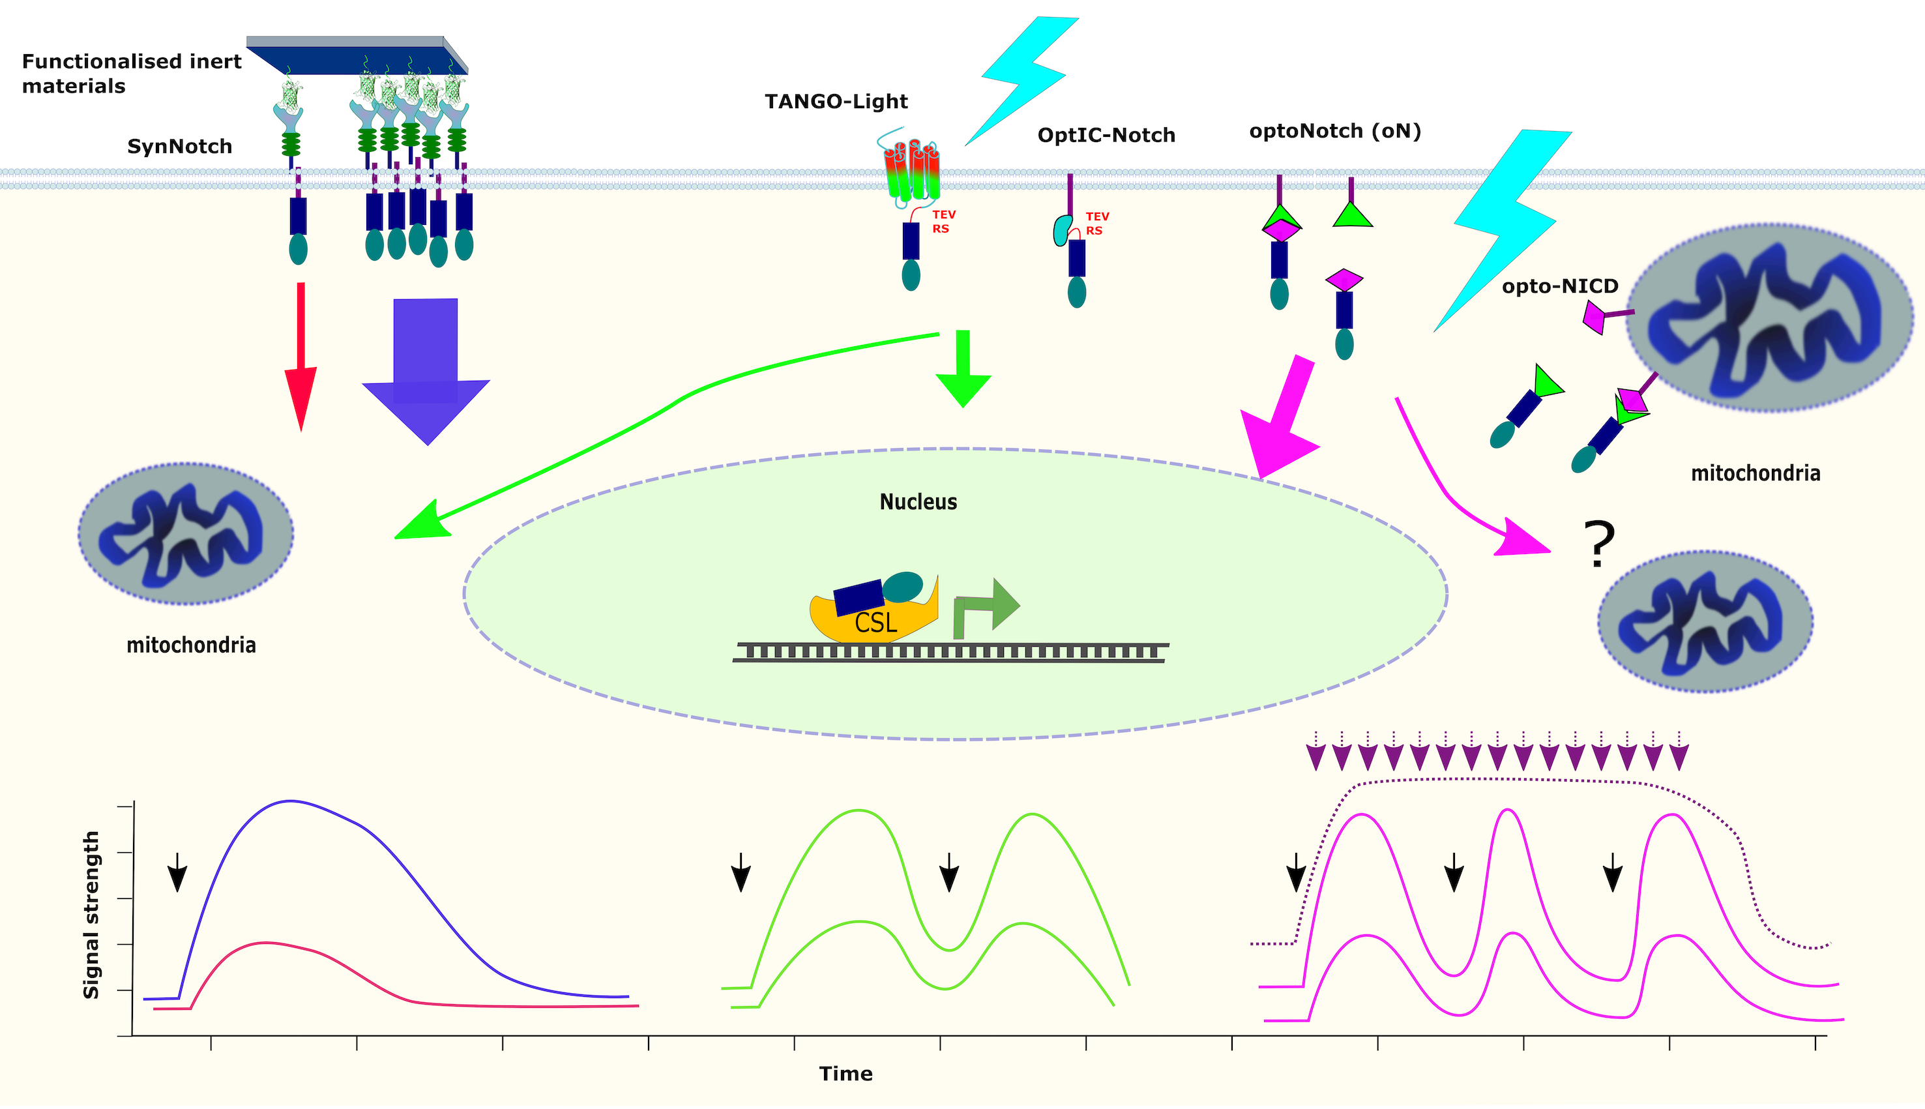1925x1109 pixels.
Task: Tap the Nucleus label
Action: [918, 502]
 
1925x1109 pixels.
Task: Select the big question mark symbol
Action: [1598, 544]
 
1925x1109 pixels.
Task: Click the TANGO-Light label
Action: [836, 101]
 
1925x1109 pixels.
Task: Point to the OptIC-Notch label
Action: [1106, 136]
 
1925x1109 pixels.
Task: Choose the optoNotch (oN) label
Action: [1335, 131]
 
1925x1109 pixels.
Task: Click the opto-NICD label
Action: [1559, 286]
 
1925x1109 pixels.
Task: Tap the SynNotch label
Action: [180, 146]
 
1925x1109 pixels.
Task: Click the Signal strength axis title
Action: [91, 914]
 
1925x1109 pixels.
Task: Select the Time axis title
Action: [845, 1073]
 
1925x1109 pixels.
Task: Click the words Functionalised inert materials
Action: [131, 73]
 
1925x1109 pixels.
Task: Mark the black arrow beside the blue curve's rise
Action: [177, 872]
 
